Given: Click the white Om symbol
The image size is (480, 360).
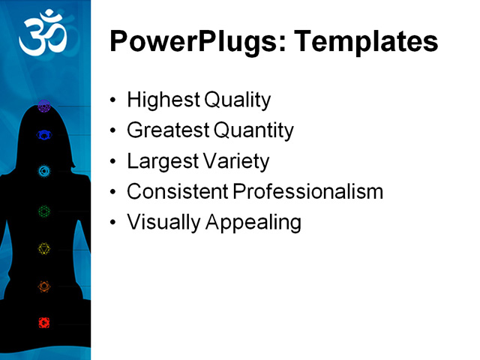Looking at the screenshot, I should (x=43, y=34).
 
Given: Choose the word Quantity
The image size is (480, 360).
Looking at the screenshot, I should (x=253, y=130).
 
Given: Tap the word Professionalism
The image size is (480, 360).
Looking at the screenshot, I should (x=308, y=192).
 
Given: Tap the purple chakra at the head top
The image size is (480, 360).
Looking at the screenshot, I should (x=43, y=106).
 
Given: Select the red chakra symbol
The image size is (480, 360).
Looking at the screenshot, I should (x=44, y=322).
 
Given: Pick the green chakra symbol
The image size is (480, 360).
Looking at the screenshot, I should (x=44, y=211).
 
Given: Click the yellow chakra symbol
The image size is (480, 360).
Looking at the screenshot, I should (x=44, y=248).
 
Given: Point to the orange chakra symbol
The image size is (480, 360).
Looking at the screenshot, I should (x=44, y=286).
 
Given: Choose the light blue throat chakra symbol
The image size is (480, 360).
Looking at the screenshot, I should (x=44, y=171).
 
